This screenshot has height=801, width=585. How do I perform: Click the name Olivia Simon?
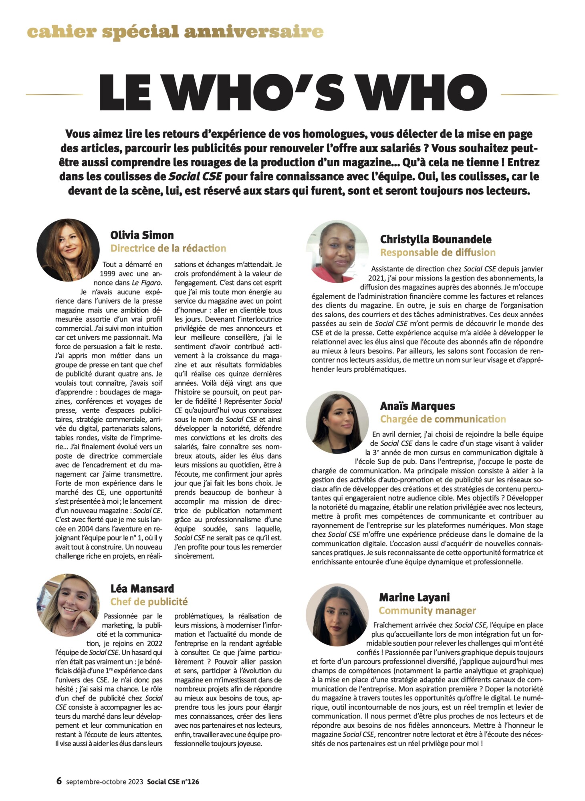tap(142, 235)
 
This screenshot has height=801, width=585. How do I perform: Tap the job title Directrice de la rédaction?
tap(168, 248)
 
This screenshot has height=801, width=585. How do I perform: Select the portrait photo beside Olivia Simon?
tap(68, 250)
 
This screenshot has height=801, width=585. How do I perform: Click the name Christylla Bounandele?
tap(436, 239)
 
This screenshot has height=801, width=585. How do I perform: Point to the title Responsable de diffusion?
tap(438, 252)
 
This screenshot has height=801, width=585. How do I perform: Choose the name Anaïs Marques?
tap(418, 406)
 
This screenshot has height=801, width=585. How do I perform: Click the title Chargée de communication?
tap(443, 419)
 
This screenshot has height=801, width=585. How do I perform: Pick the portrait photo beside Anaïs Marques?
tap(337, 423)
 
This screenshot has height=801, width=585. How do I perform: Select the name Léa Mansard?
tap(142, 589)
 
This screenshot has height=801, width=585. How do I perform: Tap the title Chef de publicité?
tap(149, 602)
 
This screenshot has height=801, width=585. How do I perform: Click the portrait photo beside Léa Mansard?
tap(68, 605)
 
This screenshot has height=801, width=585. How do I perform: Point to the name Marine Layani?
tap(414, 598)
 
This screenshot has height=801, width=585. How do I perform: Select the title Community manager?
tap(427, 611)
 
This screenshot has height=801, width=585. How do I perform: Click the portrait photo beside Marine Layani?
tap(337, 615)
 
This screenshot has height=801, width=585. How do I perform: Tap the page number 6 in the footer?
tap(59, 781)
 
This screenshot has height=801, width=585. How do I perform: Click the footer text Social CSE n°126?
tap(173, 781)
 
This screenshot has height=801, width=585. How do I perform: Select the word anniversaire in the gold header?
tap(254, 32)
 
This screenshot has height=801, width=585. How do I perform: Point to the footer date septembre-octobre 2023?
tap(105, 781)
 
